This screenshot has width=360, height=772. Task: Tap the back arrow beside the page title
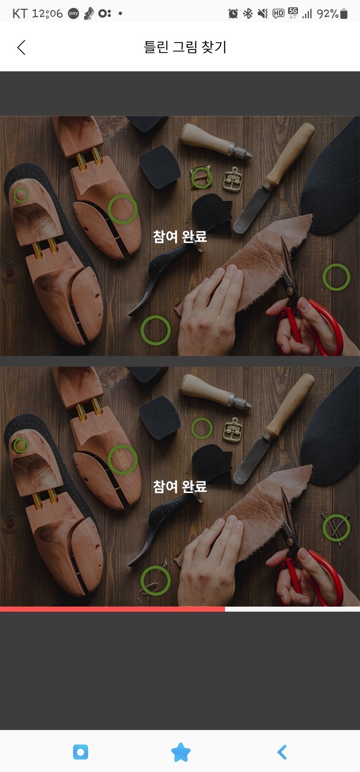point(21,47)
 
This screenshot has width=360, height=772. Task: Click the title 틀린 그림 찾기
point(185,47)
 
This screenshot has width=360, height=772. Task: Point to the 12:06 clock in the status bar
point(47,14)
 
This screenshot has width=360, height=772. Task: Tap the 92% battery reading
point(327,14)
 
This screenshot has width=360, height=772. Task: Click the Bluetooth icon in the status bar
point(248,14)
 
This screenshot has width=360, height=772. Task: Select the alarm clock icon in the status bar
point(233,14)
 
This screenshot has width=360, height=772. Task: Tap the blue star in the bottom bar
point(181,752)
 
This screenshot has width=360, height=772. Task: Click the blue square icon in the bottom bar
point(81,752)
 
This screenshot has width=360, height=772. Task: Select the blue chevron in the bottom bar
point(282,752)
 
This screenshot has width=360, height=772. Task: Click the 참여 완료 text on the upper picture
point(180,236)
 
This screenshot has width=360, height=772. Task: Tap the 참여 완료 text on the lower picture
point(180,487)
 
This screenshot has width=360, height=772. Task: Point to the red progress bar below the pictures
point(112,609)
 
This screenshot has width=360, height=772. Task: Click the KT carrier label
point(20,14)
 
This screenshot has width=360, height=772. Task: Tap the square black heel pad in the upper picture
point(160,167)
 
